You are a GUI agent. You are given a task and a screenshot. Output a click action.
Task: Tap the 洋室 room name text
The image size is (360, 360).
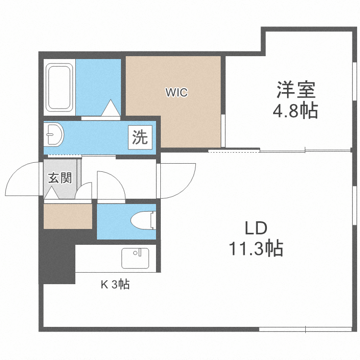click(x=295, y=90)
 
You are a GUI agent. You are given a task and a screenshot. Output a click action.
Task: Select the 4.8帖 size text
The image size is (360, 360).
click(x=295, y=111)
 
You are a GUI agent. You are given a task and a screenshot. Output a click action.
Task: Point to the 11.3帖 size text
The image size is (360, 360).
click(x=255, y=249)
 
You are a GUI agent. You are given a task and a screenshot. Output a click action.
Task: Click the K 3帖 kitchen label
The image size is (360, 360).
click(x=115, y=284)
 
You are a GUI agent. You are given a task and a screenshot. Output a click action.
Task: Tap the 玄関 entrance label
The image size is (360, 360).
click(x=60, y=178)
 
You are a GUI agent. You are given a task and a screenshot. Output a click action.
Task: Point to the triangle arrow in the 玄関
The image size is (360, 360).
click(x=52, y=193)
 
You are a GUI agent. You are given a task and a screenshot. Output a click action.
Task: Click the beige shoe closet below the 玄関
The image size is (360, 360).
click(x=68, y=216)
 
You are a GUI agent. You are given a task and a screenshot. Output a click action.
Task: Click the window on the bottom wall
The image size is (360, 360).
click(x=305, y=329)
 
